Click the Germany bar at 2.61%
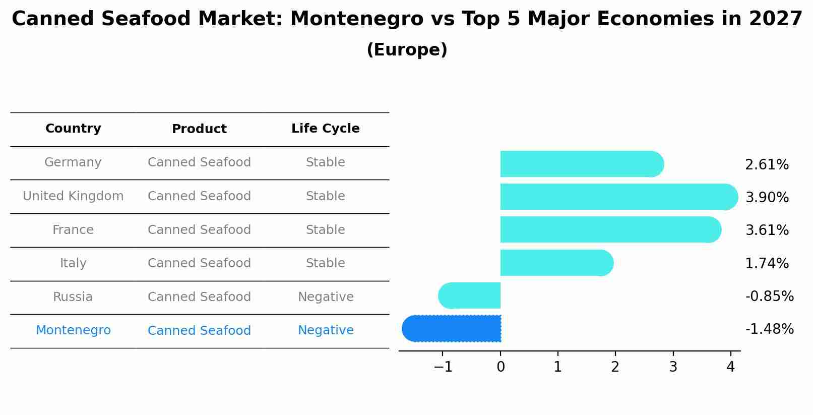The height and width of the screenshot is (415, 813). tap(580, 164)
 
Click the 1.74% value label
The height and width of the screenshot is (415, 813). tap(766, 263)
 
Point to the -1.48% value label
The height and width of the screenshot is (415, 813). tap(769, 329)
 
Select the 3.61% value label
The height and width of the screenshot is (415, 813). tap(766, 230)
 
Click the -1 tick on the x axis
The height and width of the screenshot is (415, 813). tap(443, 367)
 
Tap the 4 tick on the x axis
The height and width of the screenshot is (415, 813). tap(730, 367)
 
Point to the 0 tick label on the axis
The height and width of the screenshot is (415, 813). tap(501, 367)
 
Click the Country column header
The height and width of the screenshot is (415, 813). tap(73, 129)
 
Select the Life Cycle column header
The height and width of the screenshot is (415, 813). tap(326, 129)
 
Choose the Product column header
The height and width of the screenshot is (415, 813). tap(199, 129)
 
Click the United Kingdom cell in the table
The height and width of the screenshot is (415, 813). tap(73, 196)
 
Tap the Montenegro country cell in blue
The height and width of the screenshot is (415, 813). tap(73, 330)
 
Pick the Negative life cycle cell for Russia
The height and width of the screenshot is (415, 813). tap(326, 297)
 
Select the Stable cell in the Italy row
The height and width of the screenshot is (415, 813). tap(326, 263)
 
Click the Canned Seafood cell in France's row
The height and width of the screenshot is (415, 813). tap(199, 230)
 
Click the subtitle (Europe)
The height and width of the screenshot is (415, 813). tap(407, 50)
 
